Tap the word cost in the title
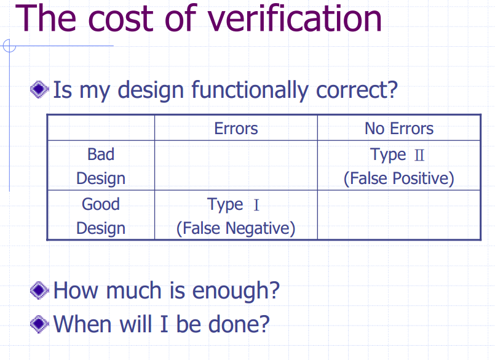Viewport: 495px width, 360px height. tap(119, 20)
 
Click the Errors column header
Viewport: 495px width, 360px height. tap(236, 129)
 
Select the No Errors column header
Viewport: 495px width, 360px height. tap(399, 129)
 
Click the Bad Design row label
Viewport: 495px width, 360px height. tap(101, 166)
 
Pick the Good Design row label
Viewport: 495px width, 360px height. tap(101, 216)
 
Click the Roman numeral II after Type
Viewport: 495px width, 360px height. tap(419, 155)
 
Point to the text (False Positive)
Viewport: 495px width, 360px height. tap(399, 178)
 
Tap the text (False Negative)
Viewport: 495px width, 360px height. tap(236, 228)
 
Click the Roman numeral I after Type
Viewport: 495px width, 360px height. tap(256, 205)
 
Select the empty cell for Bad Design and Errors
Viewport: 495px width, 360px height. tap(236, 166)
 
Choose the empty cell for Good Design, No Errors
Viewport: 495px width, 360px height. tap(399, 215)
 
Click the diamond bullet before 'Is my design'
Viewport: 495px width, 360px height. tap(39, 89)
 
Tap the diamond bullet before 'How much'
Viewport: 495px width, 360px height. tap(39, 290)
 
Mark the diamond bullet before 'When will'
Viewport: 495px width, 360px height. tap(39, 324)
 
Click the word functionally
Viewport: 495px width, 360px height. tap(250, 90)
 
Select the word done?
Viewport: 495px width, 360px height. tap(239, 324)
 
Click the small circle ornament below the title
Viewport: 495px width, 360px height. tap(9, 46)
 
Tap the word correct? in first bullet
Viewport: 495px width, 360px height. tap(357, 90)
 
